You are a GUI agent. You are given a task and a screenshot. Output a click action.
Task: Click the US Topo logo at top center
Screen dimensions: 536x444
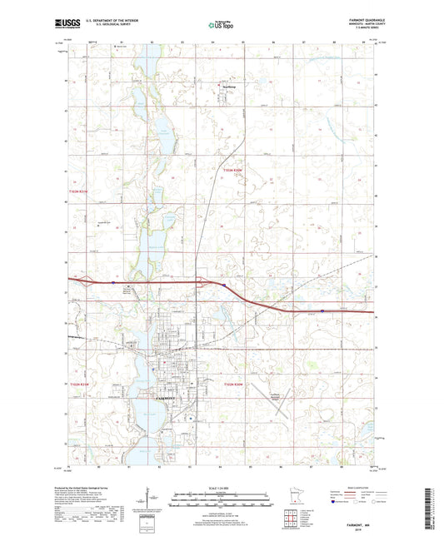click(x=222, y=26)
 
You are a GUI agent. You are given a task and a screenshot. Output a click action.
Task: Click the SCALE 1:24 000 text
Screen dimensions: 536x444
click(x=222, y=486)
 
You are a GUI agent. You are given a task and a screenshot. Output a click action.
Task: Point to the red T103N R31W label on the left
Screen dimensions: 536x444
click(x=77, y=194)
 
